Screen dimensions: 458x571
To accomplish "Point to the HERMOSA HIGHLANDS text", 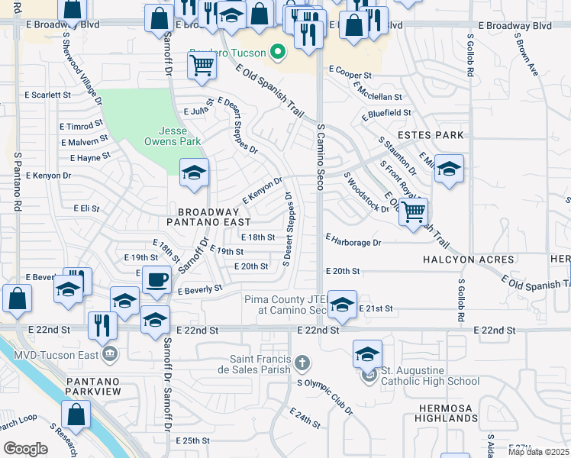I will (x=447, y=413).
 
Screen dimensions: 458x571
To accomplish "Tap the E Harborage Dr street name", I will (x=353, y=242).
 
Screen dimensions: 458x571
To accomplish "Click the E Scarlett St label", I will (x=47, y=95).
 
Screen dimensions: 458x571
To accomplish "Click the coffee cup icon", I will (x=156, y=280).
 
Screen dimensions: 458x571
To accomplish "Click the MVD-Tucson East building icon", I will (x=109, y=353).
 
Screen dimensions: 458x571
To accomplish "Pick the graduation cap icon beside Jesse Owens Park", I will (x=194, y=173).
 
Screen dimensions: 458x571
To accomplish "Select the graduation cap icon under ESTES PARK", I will (x=449, y=170).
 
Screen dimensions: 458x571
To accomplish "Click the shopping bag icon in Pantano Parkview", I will (x=76, y=416).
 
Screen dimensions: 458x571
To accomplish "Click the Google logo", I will (x=26, y=449).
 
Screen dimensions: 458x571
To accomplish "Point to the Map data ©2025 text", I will (x=537, y=452).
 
